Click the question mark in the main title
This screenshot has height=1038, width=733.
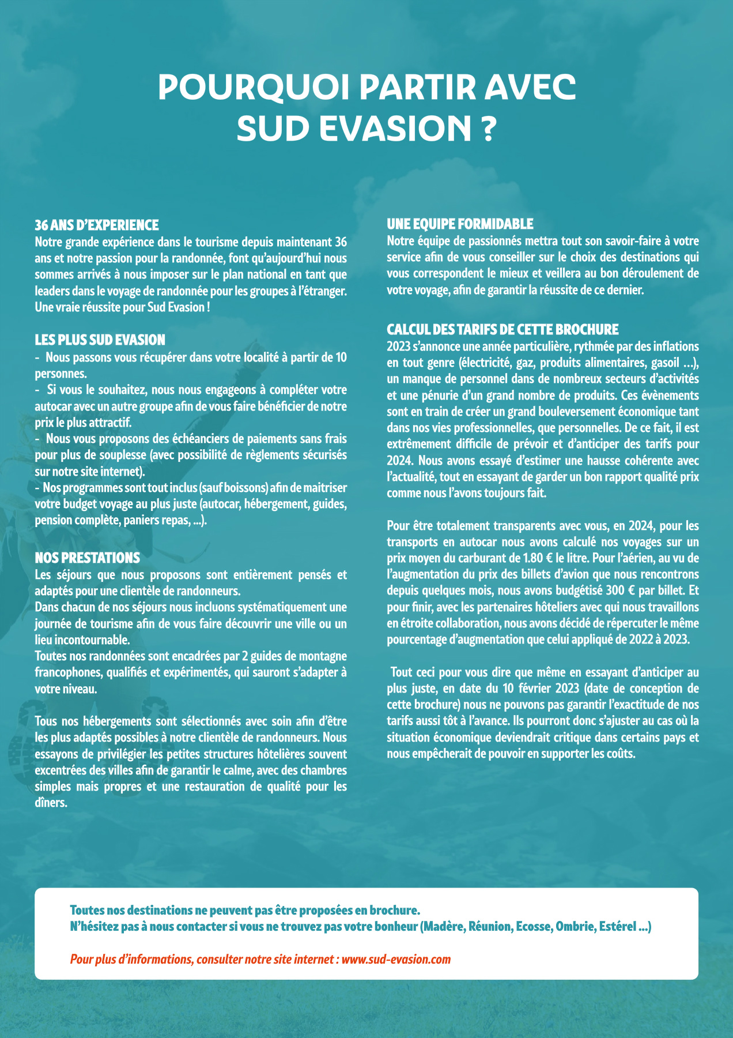[487, 128]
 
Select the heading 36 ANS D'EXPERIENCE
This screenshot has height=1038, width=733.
[97, 225]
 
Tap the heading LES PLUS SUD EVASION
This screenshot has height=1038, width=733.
[100, 340]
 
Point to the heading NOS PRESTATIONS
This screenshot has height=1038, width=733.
[87, 558]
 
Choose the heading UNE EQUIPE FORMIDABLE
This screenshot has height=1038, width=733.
[460, 224]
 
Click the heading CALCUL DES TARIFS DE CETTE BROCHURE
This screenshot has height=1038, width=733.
[502, 329]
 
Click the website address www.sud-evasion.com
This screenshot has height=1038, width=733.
[396, 959]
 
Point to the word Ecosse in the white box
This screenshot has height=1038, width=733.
[533, 927]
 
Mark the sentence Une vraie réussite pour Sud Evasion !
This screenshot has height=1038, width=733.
[122, 307]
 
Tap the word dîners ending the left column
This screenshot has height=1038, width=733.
[51, 803]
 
